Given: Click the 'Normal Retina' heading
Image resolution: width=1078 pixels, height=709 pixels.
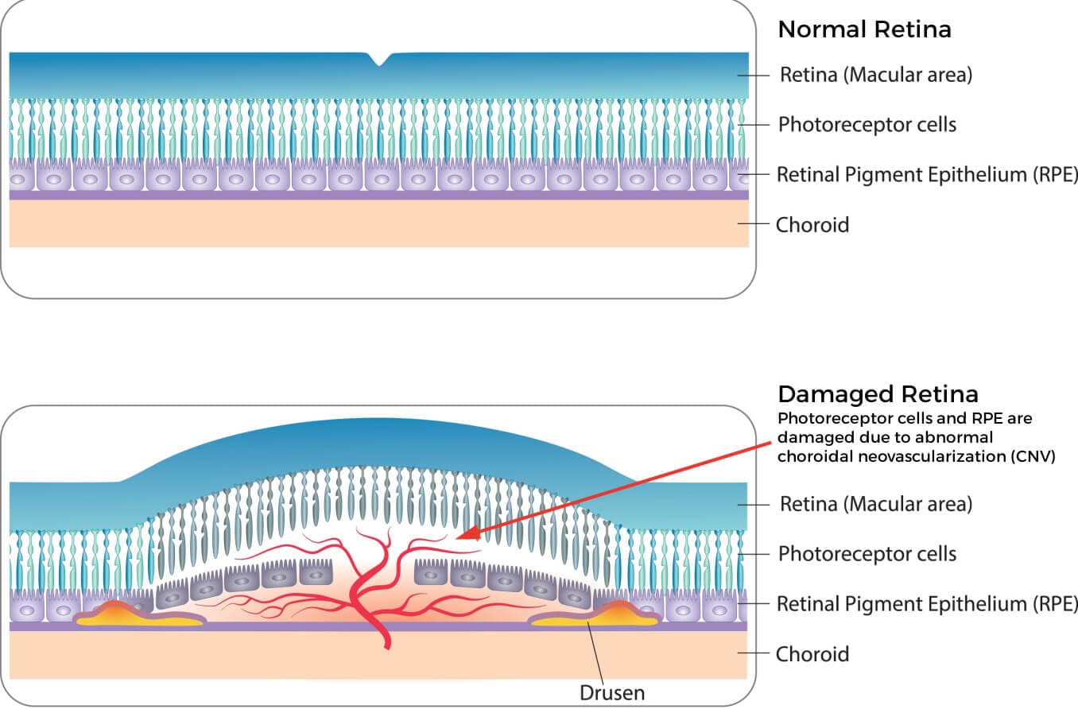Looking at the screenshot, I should click(864, 30).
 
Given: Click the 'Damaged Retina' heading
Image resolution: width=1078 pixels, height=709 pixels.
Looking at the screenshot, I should click(878, 394).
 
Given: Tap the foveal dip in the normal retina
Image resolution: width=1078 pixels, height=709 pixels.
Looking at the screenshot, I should click(379, 59).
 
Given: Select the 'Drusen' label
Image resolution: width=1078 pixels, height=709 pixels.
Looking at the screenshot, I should click(611, 693).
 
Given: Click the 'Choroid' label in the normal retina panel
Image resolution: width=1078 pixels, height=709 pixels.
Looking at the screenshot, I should click(812, 225).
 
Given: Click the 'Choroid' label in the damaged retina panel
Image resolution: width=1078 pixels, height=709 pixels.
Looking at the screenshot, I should click(812, 654).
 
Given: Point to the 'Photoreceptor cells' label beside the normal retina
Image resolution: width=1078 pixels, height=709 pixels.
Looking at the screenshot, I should click(867, 125).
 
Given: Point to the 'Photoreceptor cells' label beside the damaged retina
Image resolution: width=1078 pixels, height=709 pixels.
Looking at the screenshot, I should click(867, 553).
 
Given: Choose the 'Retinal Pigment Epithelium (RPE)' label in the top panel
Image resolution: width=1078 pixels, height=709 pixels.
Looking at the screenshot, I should click(927, 175).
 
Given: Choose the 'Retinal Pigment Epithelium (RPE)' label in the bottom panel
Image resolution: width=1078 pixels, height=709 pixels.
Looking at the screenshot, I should click(927, 603).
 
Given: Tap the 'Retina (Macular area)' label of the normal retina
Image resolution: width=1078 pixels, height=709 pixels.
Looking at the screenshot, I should click(876, 76).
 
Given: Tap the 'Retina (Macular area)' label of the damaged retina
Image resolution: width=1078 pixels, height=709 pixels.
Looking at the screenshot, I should click(876, 504).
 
